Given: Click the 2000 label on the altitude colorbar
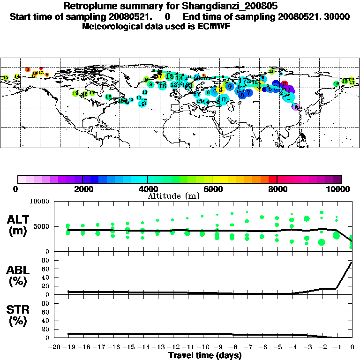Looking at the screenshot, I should click(82, 189).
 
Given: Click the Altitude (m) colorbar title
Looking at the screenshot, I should click(173, 195).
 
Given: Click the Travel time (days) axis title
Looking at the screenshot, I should click(205, 356).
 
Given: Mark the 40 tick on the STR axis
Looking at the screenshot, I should click(46, 320).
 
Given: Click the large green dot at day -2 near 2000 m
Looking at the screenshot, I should click(322, 242).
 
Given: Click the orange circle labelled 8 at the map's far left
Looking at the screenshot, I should click(28, 70).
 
